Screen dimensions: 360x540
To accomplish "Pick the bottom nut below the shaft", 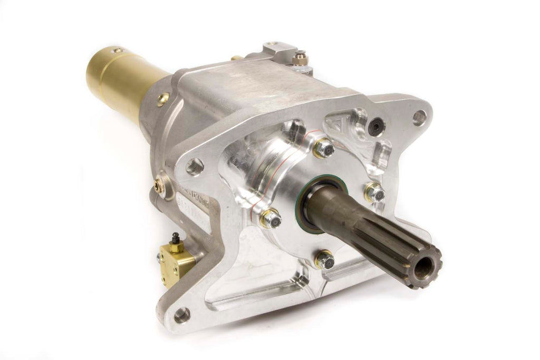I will tap(324, 259).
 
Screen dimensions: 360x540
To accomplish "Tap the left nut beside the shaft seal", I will tap(271, 218).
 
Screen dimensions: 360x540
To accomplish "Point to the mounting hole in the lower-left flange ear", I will tap(182, 315).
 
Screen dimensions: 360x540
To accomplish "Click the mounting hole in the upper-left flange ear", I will tap(195, 166).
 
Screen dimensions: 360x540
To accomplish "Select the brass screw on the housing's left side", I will tap(157, 184).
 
